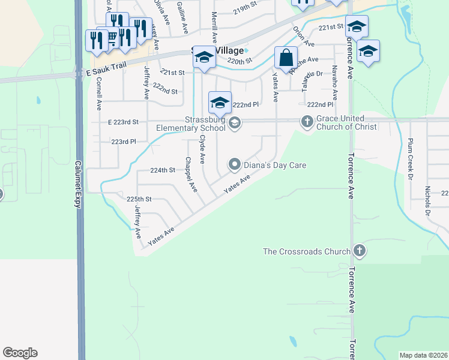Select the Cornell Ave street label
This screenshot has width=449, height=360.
click(x=99, y=93)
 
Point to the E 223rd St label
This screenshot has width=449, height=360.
click(x=122, y=122)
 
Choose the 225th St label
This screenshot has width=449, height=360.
click(x=139, y=199)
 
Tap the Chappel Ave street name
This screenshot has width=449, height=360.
click(x=191, y=175)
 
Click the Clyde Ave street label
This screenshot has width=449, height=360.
click(x=203, y=149)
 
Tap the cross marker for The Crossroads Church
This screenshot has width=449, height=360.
click(x=360, y=250)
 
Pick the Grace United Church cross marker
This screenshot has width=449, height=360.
click(x=307, y=122)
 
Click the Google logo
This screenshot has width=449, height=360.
click(x=20, y=353)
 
